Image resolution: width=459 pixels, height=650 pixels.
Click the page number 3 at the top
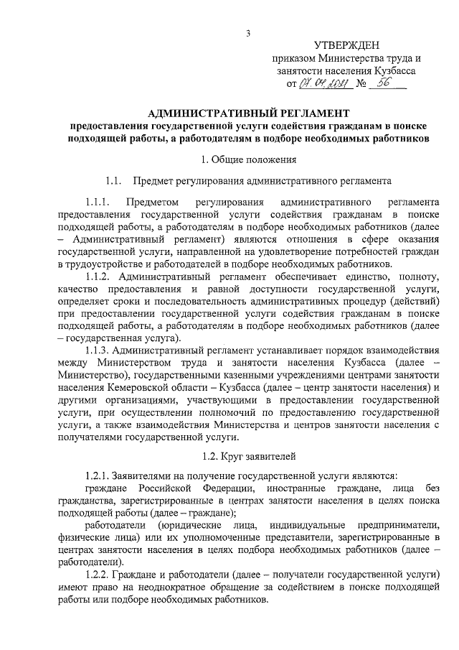tap(247, 33)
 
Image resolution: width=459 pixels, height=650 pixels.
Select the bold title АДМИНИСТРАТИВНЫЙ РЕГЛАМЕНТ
tap(249, 113)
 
